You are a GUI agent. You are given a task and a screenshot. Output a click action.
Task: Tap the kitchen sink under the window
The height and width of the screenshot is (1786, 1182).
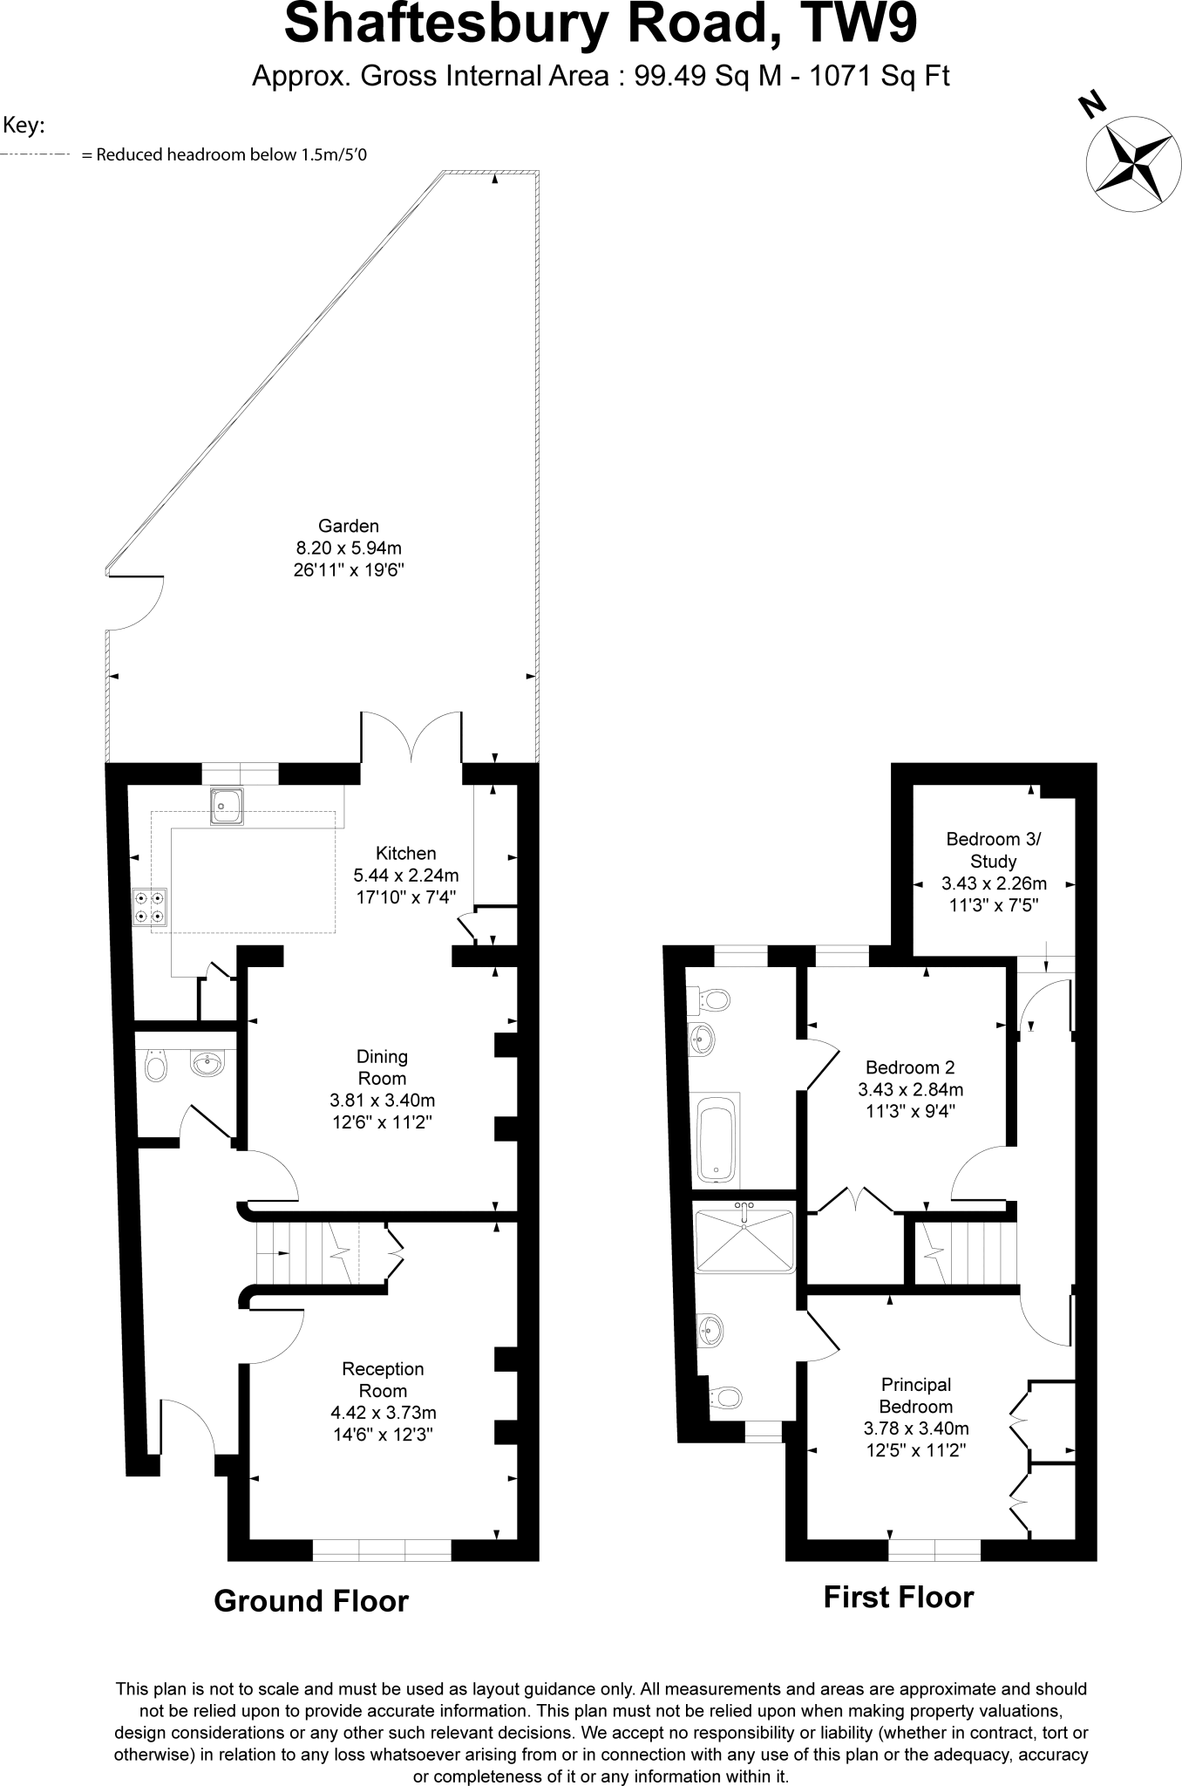(227, 805)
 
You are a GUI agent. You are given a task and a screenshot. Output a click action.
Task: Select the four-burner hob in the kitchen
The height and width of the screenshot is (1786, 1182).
(149, 905)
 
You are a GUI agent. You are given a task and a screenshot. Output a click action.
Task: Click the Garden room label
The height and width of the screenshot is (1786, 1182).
(349, 526)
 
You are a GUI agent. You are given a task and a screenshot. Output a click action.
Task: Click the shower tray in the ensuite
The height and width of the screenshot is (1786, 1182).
(744, 1238)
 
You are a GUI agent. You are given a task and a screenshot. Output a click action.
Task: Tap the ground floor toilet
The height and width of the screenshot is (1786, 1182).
(155, 1066)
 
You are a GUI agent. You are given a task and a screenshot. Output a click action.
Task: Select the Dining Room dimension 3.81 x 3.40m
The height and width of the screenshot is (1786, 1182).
(383, 1101)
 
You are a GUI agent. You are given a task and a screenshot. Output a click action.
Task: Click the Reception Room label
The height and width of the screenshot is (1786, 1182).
(383, 1380)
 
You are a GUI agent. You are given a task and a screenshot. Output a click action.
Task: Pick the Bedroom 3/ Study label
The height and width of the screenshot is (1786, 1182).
(993, 850)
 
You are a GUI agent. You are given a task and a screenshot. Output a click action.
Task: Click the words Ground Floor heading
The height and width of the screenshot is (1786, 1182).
(311, 1601)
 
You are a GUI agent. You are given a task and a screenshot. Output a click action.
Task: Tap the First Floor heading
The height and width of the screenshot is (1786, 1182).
(898, 1598)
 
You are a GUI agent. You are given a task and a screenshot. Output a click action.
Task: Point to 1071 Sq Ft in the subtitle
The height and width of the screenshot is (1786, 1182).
(880, 77)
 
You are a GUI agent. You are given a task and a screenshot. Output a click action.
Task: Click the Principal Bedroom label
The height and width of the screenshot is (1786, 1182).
(915, 1395)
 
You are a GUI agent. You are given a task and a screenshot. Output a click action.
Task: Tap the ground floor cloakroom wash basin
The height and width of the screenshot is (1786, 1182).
(207, 1064)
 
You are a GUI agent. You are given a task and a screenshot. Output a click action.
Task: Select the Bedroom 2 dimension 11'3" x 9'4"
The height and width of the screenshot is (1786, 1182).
(910, 1111)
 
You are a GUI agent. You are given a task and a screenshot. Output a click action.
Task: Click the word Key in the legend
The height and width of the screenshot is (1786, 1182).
(24, 126)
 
